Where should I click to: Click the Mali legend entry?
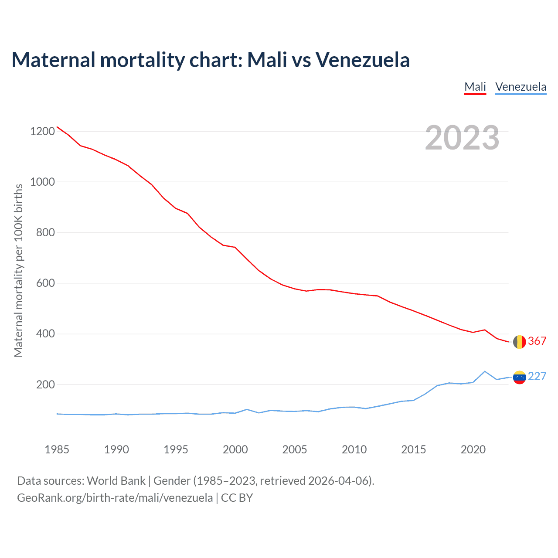tap(475, 87)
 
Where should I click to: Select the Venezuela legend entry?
tap(521, 87)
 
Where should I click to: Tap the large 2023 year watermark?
tap(462, 138)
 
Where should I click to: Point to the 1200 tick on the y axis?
tap(43, 131)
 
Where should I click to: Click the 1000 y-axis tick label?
tap(43, 182)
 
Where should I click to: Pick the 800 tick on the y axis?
tap(45, 232)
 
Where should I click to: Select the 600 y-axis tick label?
tap(45, 283)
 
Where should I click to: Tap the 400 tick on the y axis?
tap(45, 334)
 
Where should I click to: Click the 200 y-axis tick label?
tap(45, 384)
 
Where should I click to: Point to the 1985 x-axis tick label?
tap(57, 449)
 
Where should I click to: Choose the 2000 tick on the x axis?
tap(235, 449)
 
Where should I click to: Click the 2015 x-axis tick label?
tap(414, 449)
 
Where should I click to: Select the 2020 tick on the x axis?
tap(473, 449)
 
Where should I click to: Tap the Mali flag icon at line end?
tap(519, 342)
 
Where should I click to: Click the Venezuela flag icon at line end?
tap(519, 377)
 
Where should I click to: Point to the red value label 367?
tap(537, 341)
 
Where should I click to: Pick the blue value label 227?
tap(537, 376)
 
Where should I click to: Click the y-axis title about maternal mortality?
tap(18, 270)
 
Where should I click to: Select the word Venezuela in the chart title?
tap(363, 60)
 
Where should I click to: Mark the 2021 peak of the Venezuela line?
tap(485, 371)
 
